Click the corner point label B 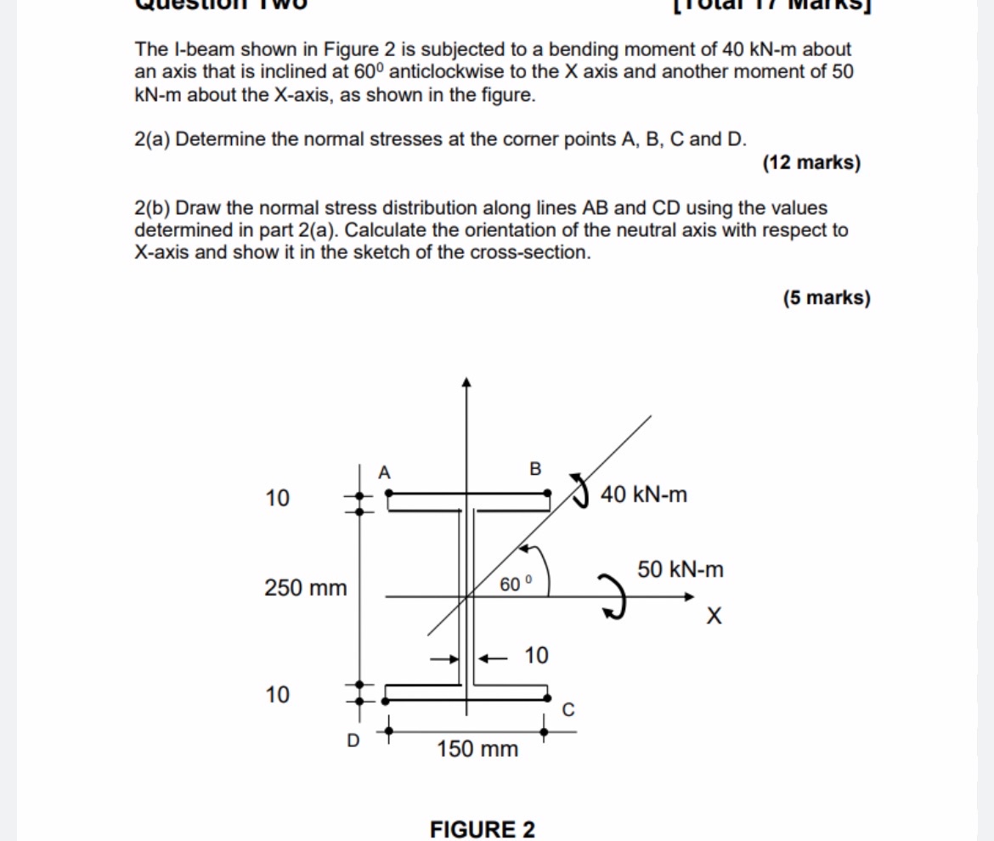pos(534,468)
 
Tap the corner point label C pos(569,709)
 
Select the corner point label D pos(353,741)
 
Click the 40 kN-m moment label pos(644,494)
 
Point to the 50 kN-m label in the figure pos(681,569)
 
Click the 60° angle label pos(515,584)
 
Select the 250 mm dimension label pos(306,587)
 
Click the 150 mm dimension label pos(477,749)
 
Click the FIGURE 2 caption pos(483,829)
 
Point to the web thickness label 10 pos(536,655)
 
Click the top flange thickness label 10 pos(277,497)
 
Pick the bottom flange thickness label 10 pos(277,695)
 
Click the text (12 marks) pos(811,162)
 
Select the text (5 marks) pos(827,297)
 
